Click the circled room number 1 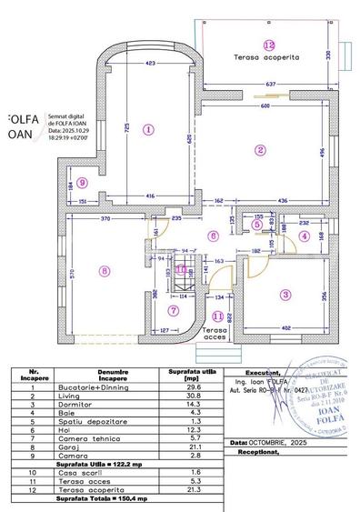(x=148, y=129)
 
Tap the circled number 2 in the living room (x=260, y=150)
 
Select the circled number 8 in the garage (x=105, y=270)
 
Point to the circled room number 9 (x=83, y=182)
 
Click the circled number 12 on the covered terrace (x=268, y=45)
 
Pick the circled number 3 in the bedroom (x=285, y=294)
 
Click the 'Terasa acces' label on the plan (x=215, y=334)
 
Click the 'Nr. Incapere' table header (x=33, y=374)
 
